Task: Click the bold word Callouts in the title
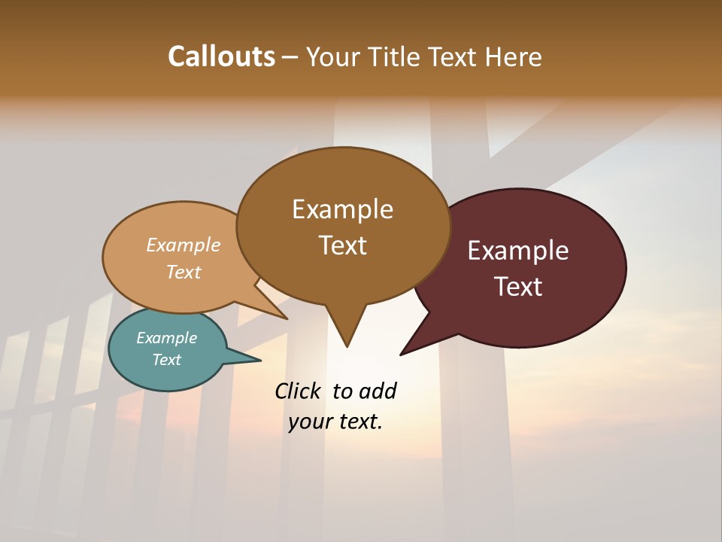click(x=221, y=56)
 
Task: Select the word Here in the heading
click(x=514, y=57)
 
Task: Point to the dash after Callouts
click(x=290, y=57)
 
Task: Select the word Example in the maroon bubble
click(x=518, y=251)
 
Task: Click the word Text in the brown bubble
click(x=343, y=245)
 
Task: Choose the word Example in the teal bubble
click(x=166, y=338)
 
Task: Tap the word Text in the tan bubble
click(x=184, y=273)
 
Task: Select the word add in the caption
click(x=377, y=391)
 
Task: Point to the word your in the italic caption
click(x=310, y=422)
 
